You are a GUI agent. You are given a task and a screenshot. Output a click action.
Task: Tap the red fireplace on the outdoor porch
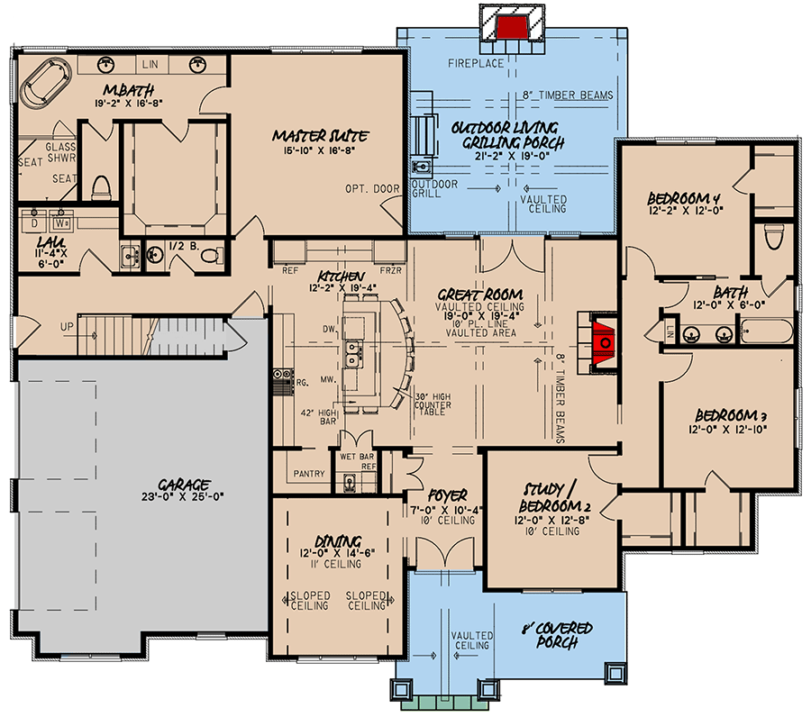pos(511,24)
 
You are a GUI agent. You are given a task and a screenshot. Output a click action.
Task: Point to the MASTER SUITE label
pos(320,136)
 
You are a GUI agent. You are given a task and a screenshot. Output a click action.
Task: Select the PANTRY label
pos(309,472)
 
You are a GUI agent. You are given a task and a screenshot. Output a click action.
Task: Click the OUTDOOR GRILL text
pos(436,188)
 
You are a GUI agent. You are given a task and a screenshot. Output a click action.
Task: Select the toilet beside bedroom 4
pos(772,236)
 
